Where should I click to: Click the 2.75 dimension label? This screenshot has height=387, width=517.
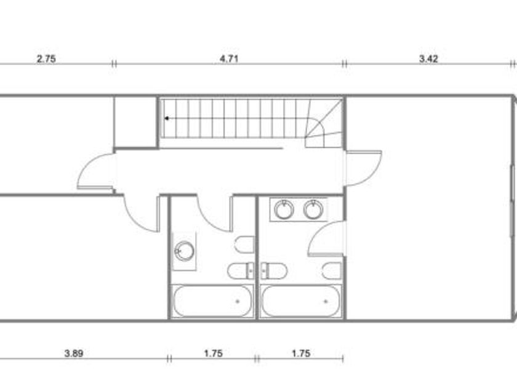[x=46, y=59]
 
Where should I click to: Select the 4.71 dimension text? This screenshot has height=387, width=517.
[x=229, y=59]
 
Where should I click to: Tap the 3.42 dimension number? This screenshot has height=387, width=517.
[x=428, y=59]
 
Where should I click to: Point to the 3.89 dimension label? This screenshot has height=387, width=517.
[x=73, y=353]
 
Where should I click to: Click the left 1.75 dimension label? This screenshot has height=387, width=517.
[x=214, y=353]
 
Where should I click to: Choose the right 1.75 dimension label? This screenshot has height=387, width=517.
[x=301, y=353]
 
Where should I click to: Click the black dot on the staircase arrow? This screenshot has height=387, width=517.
[x=167, y=118]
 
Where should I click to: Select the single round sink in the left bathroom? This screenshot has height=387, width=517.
[x=184, y=251]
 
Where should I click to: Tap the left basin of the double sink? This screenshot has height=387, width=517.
[x=284, y=209]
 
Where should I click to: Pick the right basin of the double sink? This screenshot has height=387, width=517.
[x=313, y=209]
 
